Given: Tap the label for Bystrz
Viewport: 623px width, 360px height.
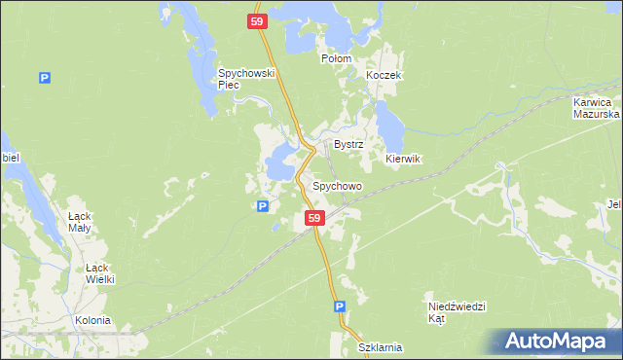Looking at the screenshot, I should [348, 144].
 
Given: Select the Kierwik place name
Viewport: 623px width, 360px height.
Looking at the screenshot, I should [402, 159].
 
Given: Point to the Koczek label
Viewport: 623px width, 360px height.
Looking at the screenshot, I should [384, 75].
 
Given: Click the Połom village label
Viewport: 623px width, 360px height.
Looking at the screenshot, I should [336, 58].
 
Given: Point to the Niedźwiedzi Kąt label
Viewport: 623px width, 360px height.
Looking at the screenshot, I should [457, 311].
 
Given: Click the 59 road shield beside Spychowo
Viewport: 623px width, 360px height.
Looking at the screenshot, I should [313, 219].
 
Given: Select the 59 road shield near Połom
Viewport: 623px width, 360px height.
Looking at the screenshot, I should [256, 21].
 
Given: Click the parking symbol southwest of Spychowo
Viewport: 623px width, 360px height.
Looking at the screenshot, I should [262, 206].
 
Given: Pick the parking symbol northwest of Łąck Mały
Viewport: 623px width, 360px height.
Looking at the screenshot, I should [44, 79].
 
